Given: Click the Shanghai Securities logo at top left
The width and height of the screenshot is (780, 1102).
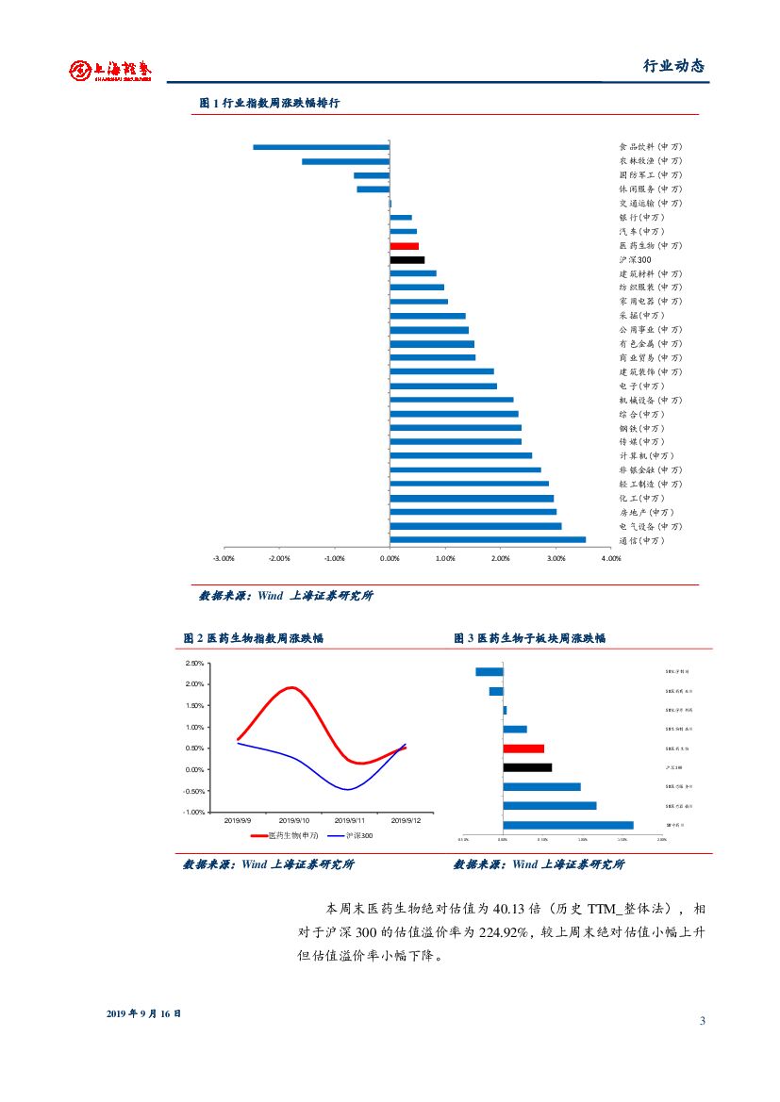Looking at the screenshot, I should click(110, 70).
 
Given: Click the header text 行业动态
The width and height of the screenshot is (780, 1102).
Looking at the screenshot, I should click(673, 66).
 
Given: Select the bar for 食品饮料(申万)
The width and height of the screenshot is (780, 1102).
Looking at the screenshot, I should click(321, 147).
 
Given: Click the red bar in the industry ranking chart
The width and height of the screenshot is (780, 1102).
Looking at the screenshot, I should click(404, 246).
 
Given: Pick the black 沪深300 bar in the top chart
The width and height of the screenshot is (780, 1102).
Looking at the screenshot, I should click(407, 259).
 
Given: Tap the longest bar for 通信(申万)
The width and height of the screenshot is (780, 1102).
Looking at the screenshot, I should click(487, 540).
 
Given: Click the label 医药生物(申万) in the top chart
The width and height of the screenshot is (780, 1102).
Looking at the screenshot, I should click(650, 245).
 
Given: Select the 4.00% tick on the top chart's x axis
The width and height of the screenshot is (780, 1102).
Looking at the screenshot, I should click(611, 559).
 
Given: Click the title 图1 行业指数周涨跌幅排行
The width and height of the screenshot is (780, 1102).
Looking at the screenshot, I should click(270, 104).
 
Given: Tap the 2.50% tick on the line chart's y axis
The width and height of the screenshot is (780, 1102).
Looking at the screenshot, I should click(194, 664).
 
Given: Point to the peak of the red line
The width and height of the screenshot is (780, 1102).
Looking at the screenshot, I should click(293, 687).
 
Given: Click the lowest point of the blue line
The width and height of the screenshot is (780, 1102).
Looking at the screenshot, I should click(346, 789).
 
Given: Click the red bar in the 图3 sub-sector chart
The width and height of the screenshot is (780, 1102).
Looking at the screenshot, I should click(523, 748).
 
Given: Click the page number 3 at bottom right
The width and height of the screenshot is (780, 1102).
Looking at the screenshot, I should click(703, 1021).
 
